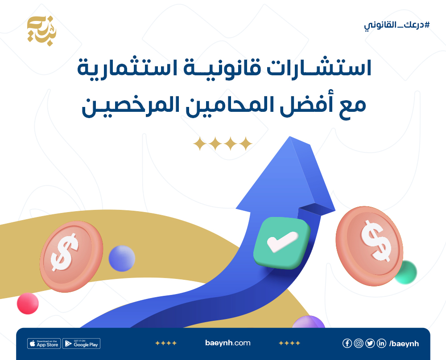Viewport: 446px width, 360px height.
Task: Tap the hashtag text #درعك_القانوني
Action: click(x=397, y=25)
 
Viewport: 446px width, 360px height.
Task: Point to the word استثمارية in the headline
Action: click(x=127, y=69)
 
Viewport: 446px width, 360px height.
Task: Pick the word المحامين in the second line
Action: click(x=231, y=105)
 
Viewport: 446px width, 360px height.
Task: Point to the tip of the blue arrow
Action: click(x=290, y=137)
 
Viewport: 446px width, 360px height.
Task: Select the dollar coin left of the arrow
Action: click(x=71, y=257)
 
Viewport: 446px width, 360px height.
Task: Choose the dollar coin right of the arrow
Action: click(x=369, y=246)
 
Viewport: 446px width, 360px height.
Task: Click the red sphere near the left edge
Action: click(x=28, y=303)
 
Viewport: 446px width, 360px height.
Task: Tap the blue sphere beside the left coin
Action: click(x=122, y=258)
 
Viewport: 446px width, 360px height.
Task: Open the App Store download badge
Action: click(x=44, y=344)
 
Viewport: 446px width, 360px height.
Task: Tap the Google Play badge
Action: click(x=81, y=344)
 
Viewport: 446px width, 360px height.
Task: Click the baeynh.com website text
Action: click(x=228, y=343)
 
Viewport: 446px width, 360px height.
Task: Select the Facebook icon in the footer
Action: click(x=347, y=343)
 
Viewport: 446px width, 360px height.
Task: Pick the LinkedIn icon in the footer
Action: click(x=381, y=343)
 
